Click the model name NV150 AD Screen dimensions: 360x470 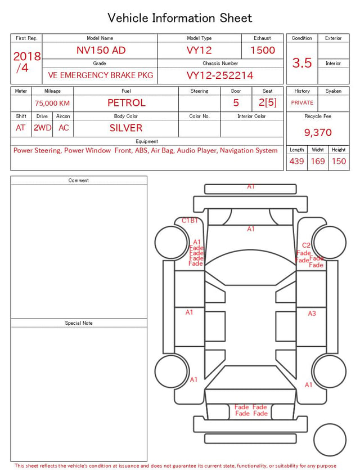click(101, 50)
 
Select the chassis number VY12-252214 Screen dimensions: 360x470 click(220, 75)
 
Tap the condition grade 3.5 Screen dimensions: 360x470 click(302, 62)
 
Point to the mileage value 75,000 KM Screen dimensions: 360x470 click(52, 104)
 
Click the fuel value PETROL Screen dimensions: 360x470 click(127, 103)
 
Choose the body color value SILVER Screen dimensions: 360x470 click(126, 128)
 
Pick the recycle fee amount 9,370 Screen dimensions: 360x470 click(318, 132)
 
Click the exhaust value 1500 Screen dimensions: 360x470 click(263, 50)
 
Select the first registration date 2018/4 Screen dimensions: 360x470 click(26, 62)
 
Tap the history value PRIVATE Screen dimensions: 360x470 click(302, 102)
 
